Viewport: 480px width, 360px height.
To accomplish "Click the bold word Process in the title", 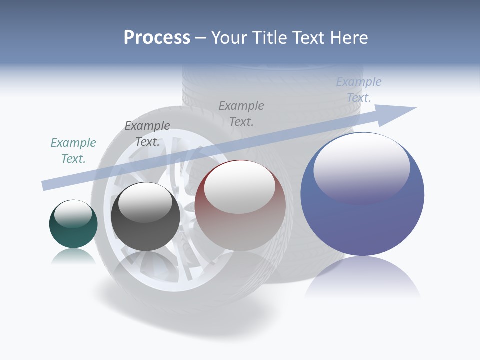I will pyautogui.click(x=157, y=38).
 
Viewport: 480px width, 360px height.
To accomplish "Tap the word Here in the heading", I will pyautogui.click(x=349, y=38).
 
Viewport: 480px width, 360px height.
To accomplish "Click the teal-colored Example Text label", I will pyautogui.click(x=73, y=150).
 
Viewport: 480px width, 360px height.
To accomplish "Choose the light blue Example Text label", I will pyautogui.click(x=359, y=90).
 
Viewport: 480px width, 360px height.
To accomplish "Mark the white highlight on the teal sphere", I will pyautogui.click(x=73, y=212).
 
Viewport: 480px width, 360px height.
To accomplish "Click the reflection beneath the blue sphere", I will pyautogui.click(x=362, y=277).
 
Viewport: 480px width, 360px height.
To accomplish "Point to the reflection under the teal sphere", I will pyautogui.click(x=73, y=256).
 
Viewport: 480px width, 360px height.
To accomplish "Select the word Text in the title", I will pyautogui.click(x=310, y=38).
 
